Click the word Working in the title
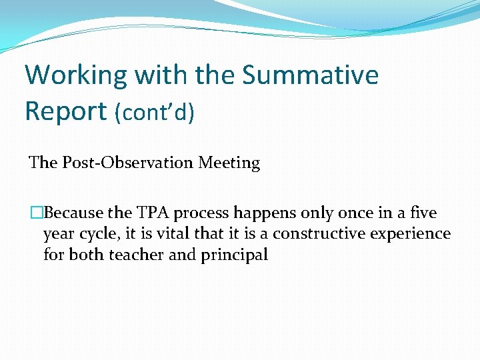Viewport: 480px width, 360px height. click(75, 76)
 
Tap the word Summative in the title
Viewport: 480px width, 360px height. click(310, 75)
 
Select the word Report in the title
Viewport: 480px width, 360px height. click(66, 112)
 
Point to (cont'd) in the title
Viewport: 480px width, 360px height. click(154, 112)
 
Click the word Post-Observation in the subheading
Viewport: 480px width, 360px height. click(127, 162)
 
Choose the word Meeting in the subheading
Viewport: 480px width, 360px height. click(229, 163)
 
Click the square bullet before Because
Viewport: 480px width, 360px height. click(37, 213)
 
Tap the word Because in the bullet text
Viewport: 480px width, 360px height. click(73, 213)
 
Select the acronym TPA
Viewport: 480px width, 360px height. click(153, 213)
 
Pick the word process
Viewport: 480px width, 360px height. click(201, 213)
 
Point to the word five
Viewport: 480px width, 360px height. click(423, 212)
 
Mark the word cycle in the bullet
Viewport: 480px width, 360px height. click(97, 234)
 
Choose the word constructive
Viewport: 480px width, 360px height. click(319, 233)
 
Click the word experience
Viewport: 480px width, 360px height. click(410, 235)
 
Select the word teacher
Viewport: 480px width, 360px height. click(136, 255)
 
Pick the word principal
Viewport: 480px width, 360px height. click(234, 255)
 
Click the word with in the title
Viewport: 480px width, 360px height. click(161, 75)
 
